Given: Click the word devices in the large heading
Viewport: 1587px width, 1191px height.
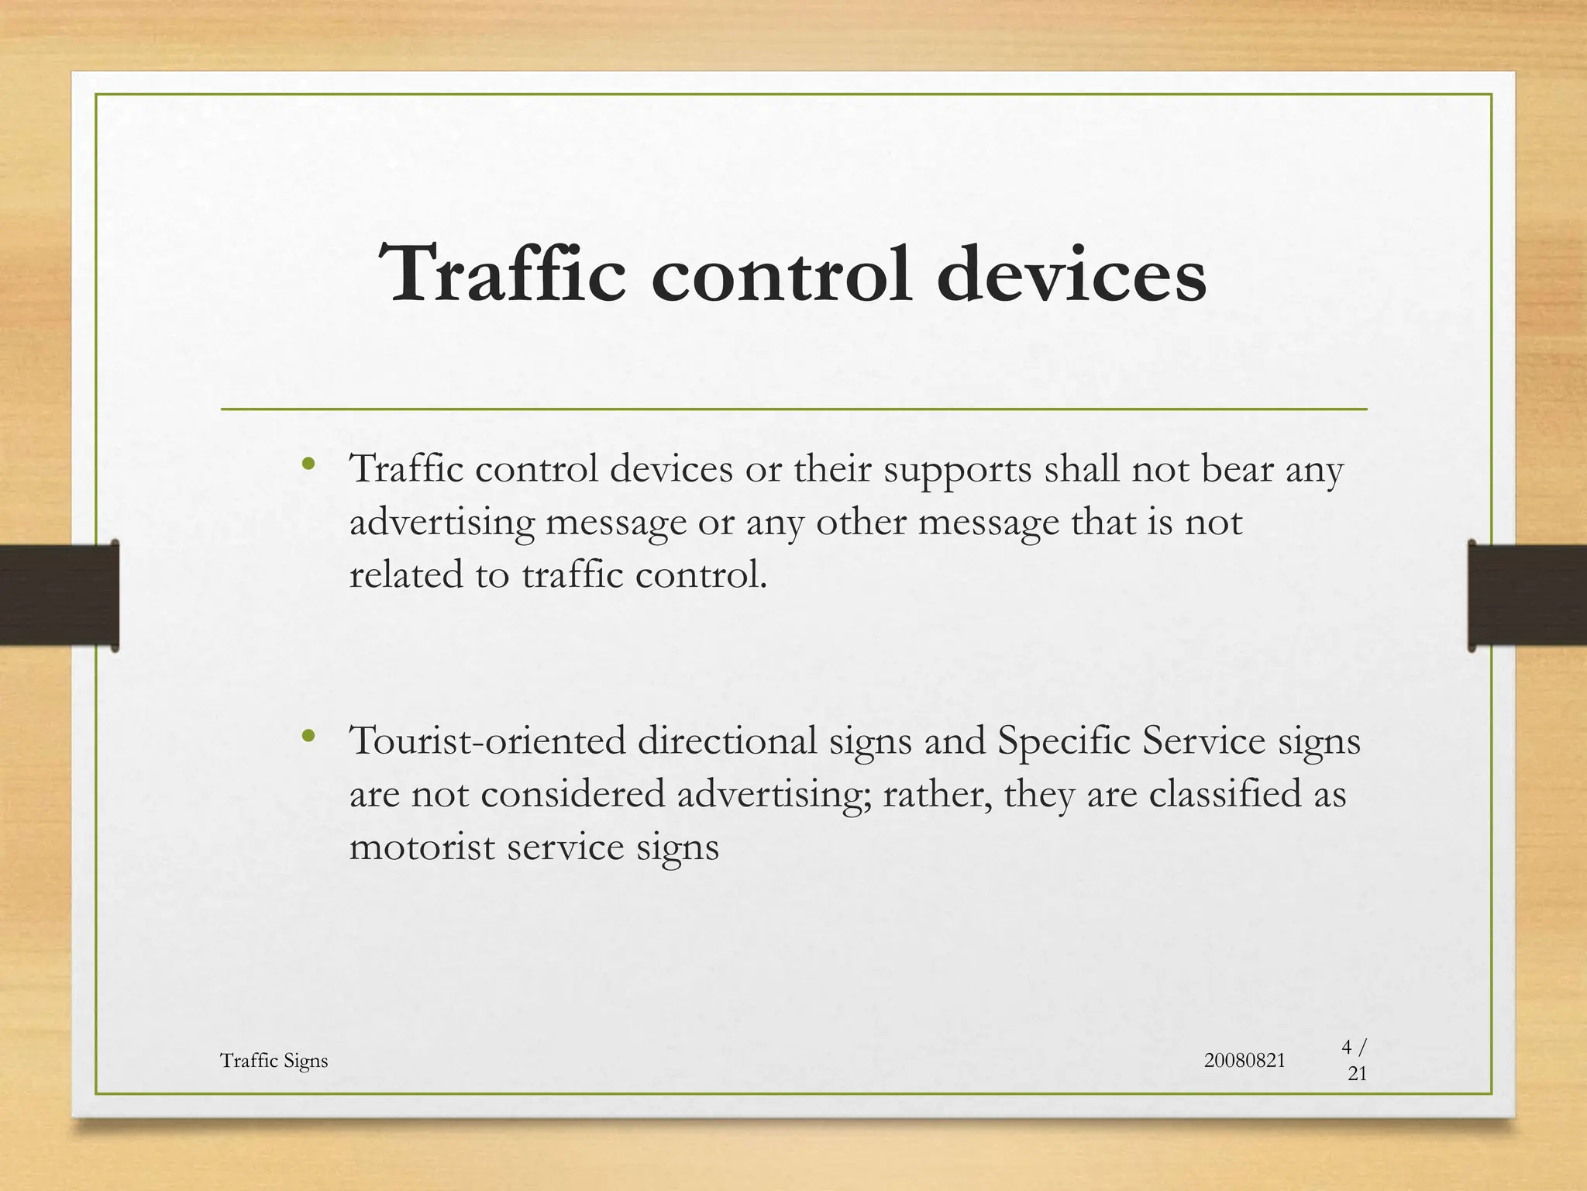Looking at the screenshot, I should coord(1071,274).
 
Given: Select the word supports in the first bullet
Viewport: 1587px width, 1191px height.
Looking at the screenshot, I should coord(957,470).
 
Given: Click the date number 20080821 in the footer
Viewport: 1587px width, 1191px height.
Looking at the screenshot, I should coord(1244,1061).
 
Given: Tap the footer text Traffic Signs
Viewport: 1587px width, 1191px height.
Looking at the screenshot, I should coord(274,1061).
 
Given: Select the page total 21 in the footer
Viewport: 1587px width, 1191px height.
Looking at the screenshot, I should coord(1357,1074).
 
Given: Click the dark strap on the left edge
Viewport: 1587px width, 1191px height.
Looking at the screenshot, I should coord(59,595).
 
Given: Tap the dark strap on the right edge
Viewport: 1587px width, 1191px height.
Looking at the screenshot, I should coord(1527,595).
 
